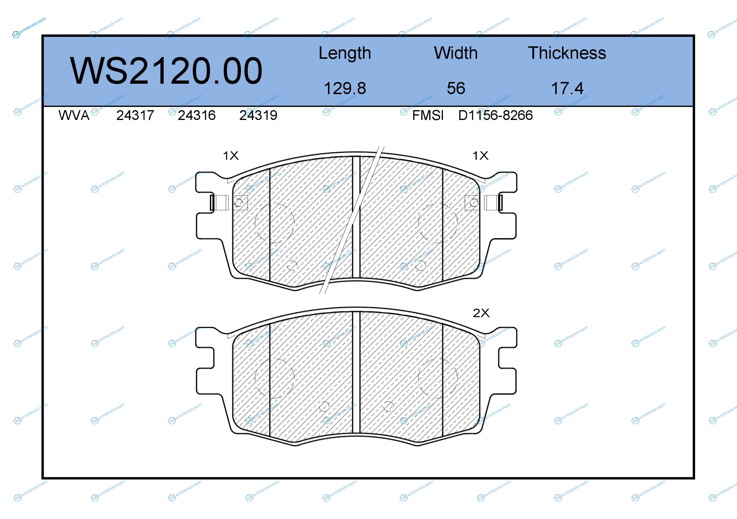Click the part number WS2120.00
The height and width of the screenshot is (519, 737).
pos(166,71)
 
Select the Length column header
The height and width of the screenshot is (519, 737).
pos(345,53)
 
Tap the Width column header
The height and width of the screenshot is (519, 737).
pos(456,53)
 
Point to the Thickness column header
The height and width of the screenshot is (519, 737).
pos(567,53)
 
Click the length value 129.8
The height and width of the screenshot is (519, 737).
pos(345,88)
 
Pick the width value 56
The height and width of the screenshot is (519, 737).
pos(456,88)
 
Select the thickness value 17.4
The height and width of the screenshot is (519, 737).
pos(567,88)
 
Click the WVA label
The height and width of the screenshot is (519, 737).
pos(74,115)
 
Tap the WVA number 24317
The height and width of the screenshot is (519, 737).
pos(135,115)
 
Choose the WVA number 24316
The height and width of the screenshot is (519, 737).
pos(197,115)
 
